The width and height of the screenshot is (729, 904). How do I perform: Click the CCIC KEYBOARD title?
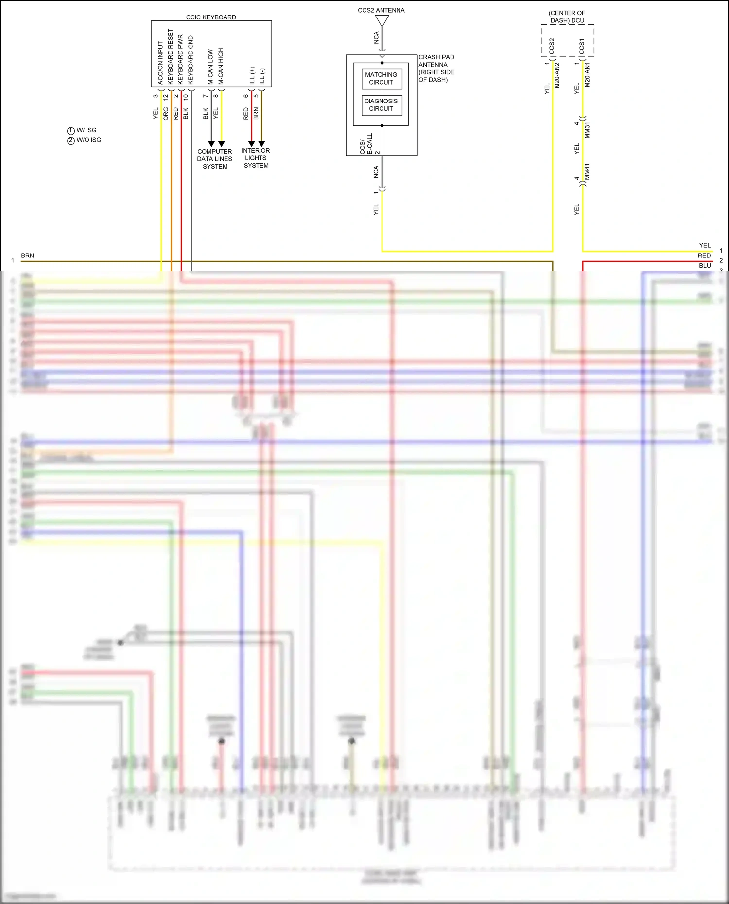211,17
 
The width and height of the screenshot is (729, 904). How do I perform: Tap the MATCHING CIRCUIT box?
382,79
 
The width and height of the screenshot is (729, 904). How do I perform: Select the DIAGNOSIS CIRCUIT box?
382,105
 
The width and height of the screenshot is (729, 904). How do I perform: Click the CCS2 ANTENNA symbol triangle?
382,21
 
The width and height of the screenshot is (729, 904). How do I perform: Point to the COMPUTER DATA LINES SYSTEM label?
214,159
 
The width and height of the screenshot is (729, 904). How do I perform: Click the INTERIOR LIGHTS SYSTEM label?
256,158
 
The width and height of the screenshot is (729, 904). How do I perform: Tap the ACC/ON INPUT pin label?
160,63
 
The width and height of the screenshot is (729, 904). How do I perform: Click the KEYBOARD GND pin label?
191,60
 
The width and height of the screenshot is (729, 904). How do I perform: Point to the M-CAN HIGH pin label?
221,66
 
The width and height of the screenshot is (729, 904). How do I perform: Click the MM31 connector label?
587,131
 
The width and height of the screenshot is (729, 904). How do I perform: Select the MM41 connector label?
587,171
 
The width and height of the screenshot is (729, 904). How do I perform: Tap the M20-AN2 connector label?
557,75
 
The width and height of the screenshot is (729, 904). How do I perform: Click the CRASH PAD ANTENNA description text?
436,68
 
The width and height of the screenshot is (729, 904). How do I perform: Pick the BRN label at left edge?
28,256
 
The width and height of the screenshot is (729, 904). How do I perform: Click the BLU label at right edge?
705,266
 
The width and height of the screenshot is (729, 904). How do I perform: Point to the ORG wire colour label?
166,114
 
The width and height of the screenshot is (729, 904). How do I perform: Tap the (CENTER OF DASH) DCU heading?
567,17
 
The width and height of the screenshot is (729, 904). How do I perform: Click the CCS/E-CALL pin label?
366,144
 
